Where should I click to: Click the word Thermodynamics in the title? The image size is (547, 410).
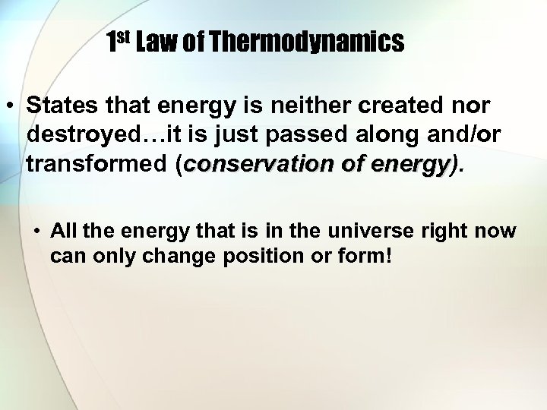(306, 43)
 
